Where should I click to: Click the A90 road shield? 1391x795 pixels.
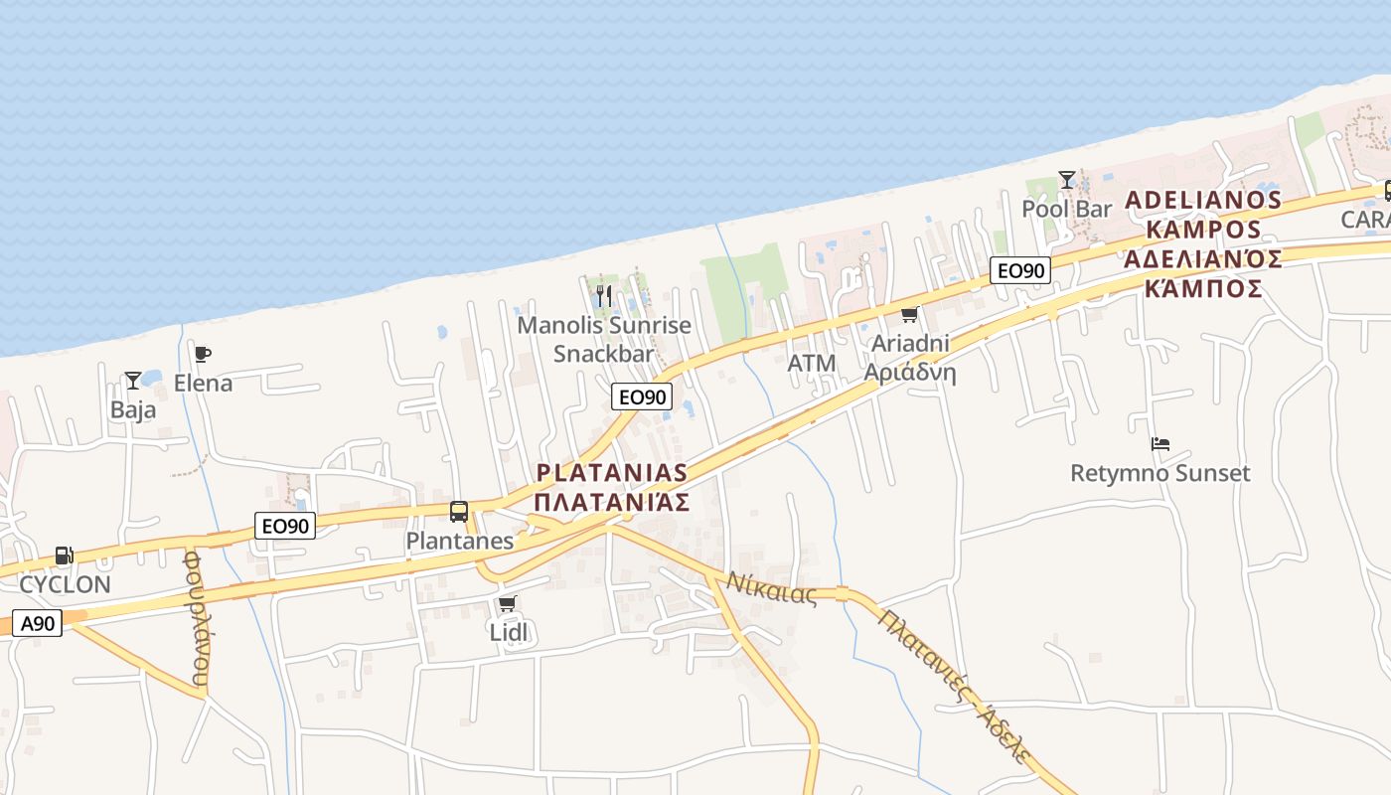[x=38, y=624]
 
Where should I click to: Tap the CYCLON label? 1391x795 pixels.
[x=65, y=584]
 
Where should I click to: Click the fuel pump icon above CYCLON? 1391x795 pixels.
[x=64, y=556]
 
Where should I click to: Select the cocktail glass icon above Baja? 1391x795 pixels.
[x=133, y=381]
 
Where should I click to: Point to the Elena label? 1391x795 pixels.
[x=203, y=383]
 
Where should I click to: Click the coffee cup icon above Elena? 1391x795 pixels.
[x=203, y=354]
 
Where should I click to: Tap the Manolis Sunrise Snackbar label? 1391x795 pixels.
[x=604, y=339]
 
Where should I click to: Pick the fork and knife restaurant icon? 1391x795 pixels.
[x=604, y=296]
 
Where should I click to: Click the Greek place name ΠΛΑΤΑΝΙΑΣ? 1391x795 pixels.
[x=612, y=502]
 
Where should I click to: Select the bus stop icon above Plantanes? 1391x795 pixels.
[x=459, y=512]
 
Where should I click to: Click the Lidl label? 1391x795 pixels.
[x=509, y=632]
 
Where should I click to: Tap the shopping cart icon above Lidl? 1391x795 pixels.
[x=508, y=603]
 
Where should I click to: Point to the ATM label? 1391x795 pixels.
[x=812, y=363]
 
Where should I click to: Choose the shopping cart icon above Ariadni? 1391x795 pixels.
[x=909, y=315]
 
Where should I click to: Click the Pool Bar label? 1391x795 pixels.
[x=1067, y=209]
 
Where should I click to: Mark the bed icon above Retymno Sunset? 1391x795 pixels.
[x=1159, y=444]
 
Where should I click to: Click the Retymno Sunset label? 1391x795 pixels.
[x=1159, y=473]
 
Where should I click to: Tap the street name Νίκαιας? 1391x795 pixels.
[x=771, y=587]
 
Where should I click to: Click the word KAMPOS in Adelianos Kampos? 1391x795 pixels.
[x=1203, y=230]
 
